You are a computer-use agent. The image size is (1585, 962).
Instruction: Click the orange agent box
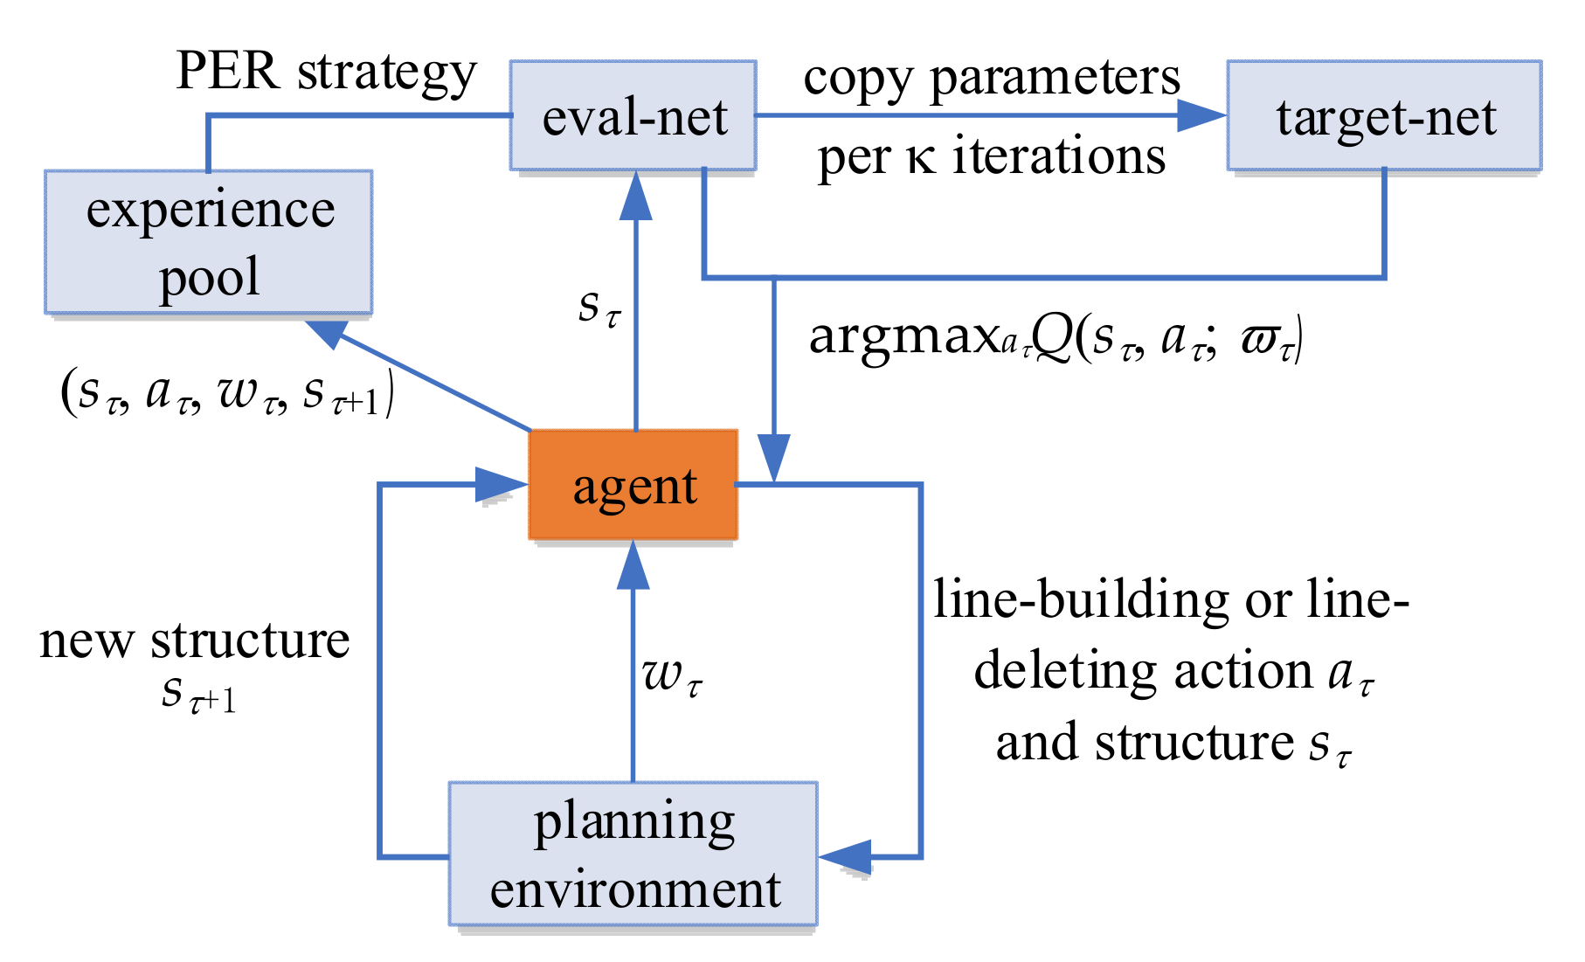tap(633, 485)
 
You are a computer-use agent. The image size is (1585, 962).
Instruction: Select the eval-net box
tap(633, 115)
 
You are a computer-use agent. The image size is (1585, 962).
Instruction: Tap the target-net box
tap(1385, 115)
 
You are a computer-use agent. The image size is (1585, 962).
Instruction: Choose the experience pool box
tap(210, 242)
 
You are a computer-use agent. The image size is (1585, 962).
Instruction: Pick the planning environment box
tap(633, 854)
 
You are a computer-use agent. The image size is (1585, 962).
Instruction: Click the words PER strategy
tap(326, 72)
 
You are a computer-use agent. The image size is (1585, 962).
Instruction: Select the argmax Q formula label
tap(1056, 336)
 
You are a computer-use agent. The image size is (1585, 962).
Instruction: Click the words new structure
tap(195, 640)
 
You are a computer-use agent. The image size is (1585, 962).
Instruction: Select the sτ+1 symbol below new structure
tap(199, 695)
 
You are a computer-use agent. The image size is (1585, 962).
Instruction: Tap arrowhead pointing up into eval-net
tap(635, 197)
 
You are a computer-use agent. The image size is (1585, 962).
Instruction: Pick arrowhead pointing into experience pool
tap(328, 332)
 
